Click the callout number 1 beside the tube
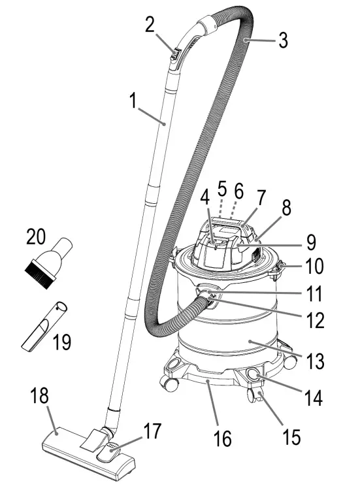(133, 101)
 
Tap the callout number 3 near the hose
(283, 41)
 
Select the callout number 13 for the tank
(315, 361)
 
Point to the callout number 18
(39, 396)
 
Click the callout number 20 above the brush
(36, 237)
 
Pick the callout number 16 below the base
(223, 438)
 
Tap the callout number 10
(314, 266)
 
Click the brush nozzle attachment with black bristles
(48, 263)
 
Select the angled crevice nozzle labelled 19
(44, 326)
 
